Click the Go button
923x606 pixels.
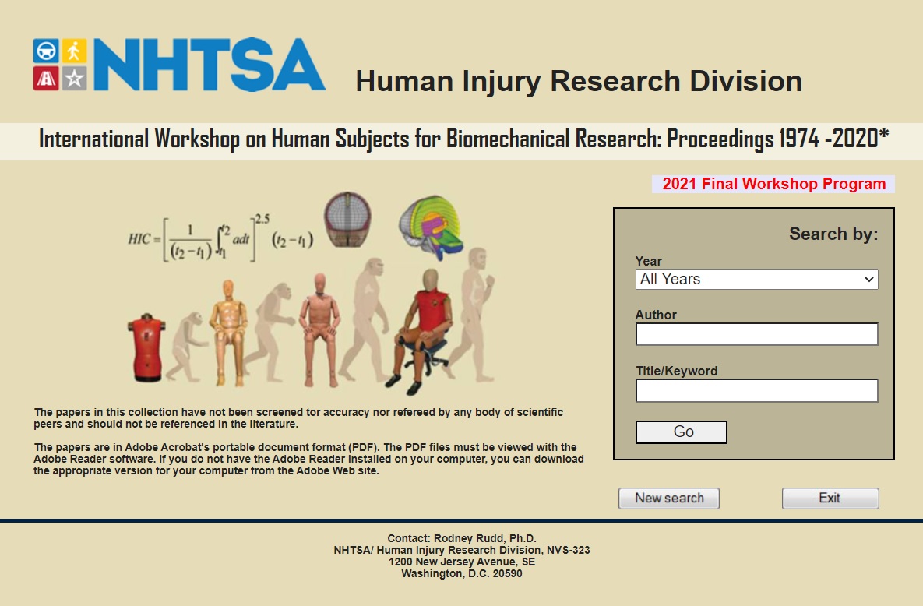pyautogui.click(x=681, y=432)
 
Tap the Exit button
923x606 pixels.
pyautogui.click(x=830, y=499)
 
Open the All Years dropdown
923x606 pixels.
pyautogui.click(x=756, y=279)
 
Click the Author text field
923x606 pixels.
pyautogui.click(x=756, y=334)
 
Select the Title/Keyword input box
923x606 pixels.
pyautogui.click(x=756, y=390)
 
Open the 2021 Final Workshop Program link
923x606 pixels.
pyautogui.click(x=773, y=184)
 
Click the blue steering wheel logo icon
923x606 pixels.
pyautogui.click(x=46, y=51)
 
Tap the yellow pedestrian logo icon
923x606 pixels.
pyautogui.click(x=74, y=51)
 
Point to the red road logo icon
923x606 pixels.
pyautogui.click(x=46, y=79)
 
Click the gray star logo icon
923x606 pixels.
pyautogui.click(x=74, y=79)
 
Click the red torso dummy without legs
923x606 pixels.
pyautogui.click(x=146, y=348)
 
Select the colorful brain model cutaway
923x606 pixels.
pyautogui.click(x=432, y=227)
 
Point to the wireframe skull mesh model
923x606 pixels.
pyautogui.click(x=347, y=219)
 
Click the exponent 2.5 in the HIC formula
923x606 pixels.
pyautogui.click(x=262, y=219)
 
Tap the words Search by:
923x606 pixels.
pyautogui.click(x=833, y=234)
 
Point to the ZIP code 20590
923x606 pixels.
pyautogui.click(x=507, y=573)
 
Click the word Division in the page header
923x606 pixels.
pyautogui.click(x=746, y=81)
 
